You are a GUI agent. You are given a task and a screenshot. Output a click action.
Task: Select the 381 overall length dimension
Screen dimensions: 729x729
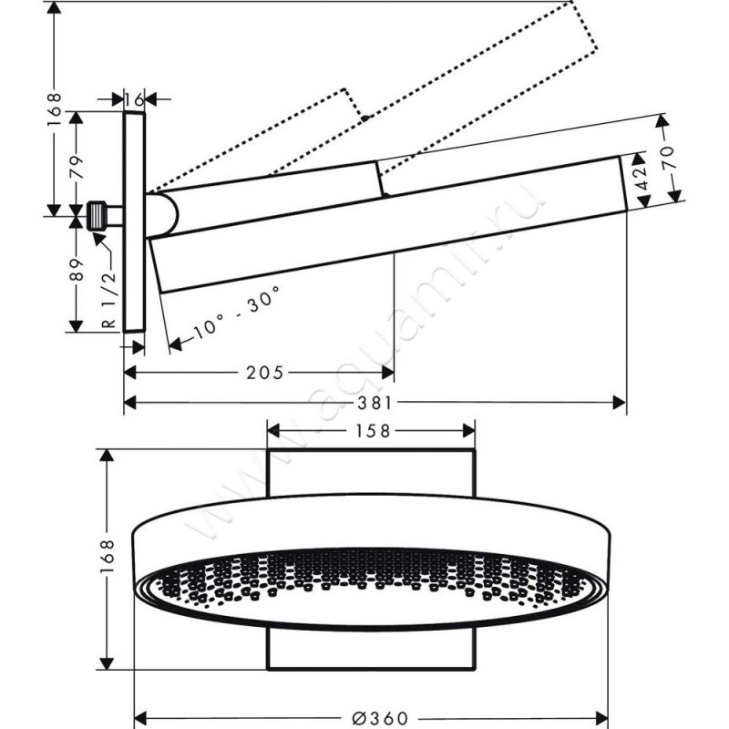tap(375, 402)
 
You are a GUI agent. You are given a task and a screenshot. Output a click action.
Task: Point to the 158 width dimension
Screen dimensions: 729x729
tap(371, 430)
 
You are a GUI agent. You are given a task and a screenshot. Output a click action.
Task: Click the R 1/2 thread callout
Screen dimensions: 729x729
tap(107, 301)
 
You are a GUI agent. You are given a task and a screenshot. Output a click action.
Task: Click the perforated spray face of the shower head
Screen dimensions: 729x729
tap(364, 583)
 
